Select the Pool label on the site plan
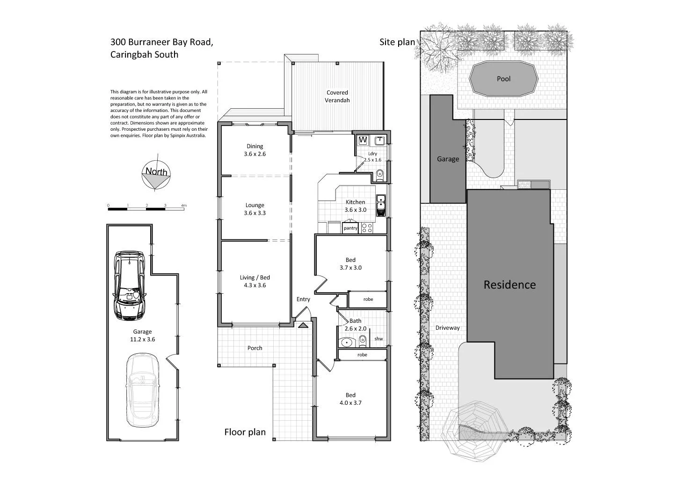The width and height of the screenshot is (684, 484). (503, 79)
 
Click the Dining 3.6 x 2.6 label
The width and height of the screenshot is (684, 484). (255, 150)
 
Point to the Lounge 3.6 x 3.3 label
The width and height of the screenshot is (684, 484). (255, 209)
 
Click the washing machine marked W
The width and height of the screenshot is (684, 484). (363, 140)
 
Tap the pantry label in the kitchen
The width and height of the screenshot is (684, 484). (350, 228)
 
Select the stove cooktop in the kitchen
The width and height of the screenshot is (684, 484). (367, 228)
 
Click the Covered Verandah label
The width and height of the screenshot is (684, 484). (337, 97)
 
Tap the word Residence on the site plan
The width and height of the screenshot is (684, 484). (509, 284)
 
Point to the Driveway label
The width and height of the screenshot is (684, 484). (447, 328)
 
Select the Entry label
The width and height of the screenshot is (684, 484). (303, 299)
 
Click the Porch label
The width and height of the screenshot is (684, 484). (255, 348)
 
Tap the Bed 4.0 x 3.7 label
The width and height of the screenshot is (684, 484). (350, 399)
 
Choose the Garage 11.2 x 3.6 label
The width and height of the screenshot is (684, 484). (142, 335)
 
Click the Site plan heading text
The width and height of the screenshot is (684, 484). (397, 42)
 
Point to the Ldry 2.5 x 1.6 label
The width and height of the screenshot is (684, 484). (372, 156)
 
